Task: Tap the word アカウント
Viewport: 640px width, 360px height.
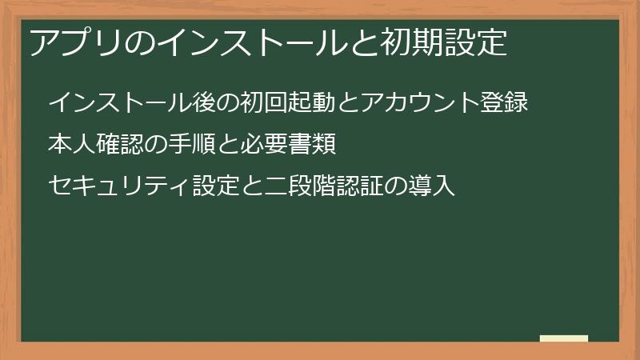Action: pos(421,103)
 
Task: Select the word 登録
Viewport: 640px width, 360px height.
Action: pos(505,103)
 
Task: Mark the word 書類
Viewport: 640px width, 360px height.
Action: pos(310,145)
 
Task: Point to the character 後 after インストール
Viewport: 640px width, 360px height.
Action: pos(205,103)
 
